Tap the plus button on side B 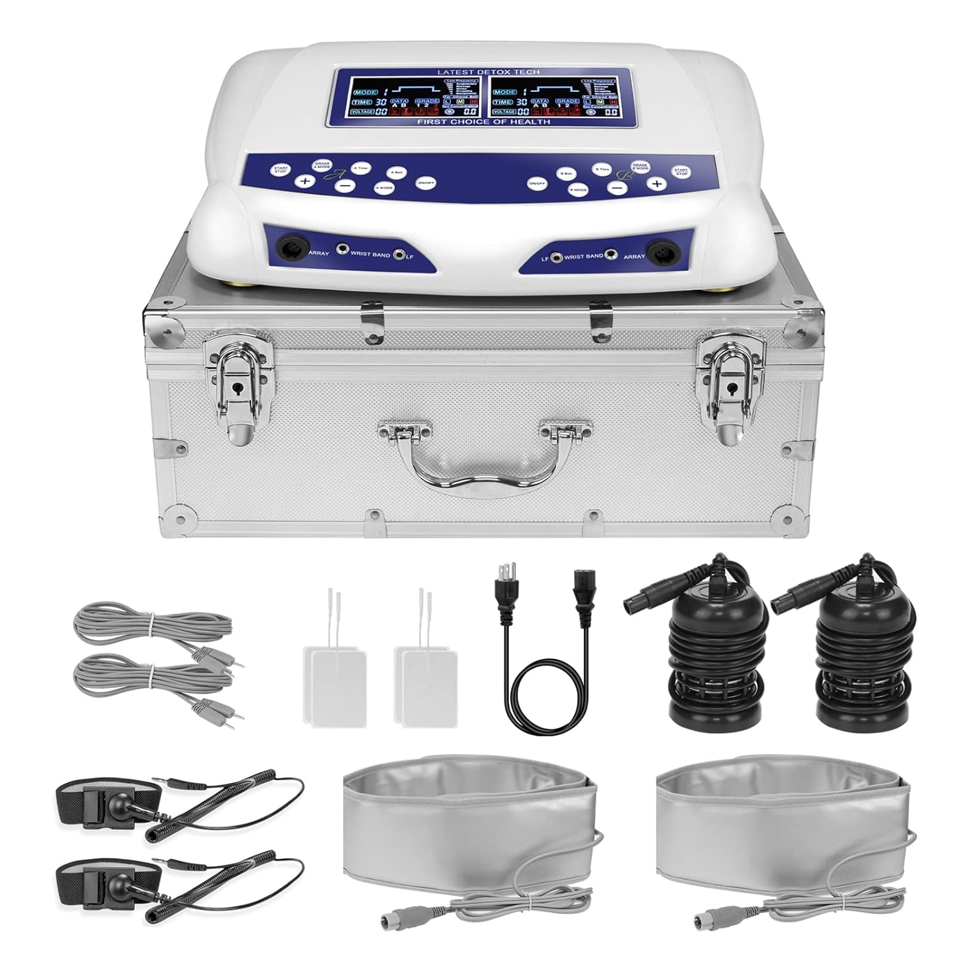click(655, 184)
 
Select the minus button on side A click(344, 186)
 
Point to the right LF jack click(556, 257)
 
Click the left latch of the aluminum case click(236, 390)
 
